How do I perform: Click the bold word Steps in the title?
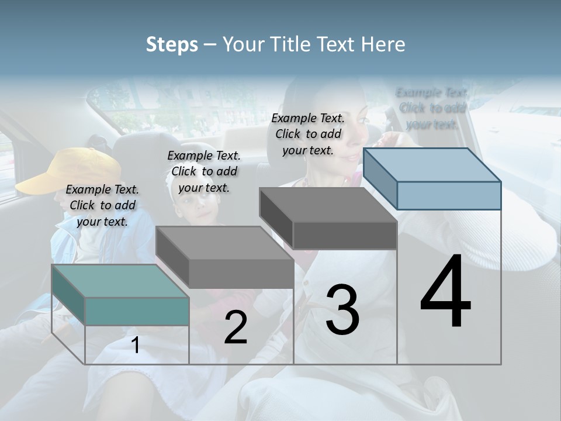pos(172,44)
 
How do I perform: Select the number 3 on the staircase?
pos(342,310)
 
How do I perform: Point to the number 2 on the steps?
pos(236,327)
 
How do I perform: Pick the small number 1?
pos(135,345)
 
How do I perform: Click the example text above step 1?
pos(102,205)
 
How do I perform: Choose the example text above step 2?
pos(204,171)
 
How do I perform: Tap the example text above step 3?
pos(308,134)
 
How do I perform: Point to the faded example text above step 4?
pos(432,108)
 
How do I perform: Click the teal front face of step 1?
pos(137,311)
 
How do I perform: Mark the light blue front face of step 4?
pos(449,195)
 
